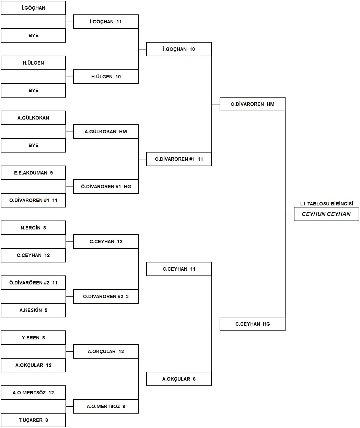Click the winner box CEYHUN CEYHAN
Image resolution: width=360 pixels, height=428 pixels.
pos(326,214)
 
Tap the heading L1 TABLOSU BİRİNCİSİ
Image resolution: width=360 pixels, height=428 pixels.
pos(327,204)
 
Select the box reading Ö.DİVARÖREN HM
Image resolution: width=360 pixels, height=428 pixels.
pos(253,104)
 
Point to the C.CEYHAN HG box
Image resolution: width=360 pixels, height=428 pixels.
pos(253,324)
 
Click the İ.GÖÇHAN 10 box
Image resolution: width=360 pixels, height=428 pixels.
pos(179,49)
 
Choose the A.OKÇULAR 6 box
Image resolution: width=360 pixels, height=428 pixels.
pos(179,379)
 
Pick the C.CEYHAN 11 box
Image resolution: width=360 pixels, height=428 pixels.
pos(179,269)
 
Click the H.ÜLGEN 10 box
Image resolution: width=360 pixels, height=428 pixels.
pos(106,77)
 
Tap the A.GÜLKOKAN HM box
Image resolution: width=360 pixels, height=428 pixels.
pos(106,132)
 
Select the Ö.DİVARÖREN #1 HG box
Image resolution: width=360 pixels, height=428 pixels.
pos(106,187)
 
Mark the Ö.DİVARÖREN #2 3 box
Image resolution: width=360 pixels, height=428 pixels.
pos(106,296)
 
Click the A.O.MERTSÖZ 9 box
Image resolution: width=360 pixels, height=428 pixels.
pos(106,406)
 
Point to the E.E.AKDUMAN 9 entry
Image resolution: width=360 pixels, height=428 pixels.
pos(33,173)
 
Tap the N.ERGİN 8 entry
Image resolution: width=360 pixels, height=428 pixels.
pos(33,228)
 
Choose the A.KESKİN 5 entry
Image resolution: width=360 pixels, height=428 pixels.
pos(33,310)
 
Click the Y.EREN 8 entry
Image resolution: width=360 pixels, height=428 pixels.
pos(33,338)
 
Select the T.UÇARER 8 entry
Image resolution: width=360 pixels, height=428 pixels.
pos(33,420)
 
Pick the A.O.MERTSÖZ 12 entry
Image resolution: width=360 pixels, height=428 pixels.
pos(33,393)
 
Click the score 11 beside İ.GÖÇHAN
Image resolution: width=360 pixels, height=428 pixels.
pos(119,22)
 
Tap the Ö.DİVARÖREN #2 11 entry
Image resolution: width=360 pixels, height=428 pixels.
pos(33,283)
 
